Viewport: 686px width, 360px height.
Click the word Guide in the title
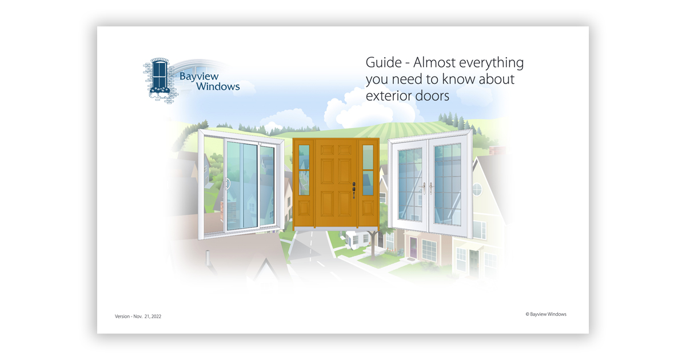click(x=384, y=62)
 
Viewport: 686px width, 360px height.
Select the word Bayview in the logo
click(x=199, y=77)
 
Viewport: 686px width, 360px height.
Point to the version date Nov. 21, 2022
click(x=147, y=316)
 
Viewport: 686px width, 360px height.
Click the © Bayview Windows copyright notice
click(x=546, y=314)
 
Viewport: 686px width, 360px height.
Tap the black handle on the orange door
click(x=354, y=190)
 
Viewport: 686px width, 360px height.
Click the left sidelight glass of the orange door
click(x=304, y=170)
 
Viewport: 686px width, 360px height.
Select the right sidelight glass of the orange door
click(x=368, y=170)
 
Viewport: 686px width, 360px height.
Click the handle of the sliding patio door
click(x=228, y=183)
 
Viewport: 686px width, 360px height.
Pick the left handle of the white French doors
click(x=424, y=188)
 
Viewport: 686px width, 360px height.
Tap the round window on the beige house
click(x=477, y=190)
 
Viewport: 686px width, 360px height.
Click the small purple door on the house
click(x=413, y=247)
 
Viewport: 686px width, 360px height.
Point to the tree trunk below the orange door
click(x=373, y=246)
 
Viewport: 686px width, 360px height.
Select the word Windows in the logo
click(x=218, y=87)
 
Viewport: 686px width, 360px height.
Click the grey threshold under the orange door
click(x=336, y=229)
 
